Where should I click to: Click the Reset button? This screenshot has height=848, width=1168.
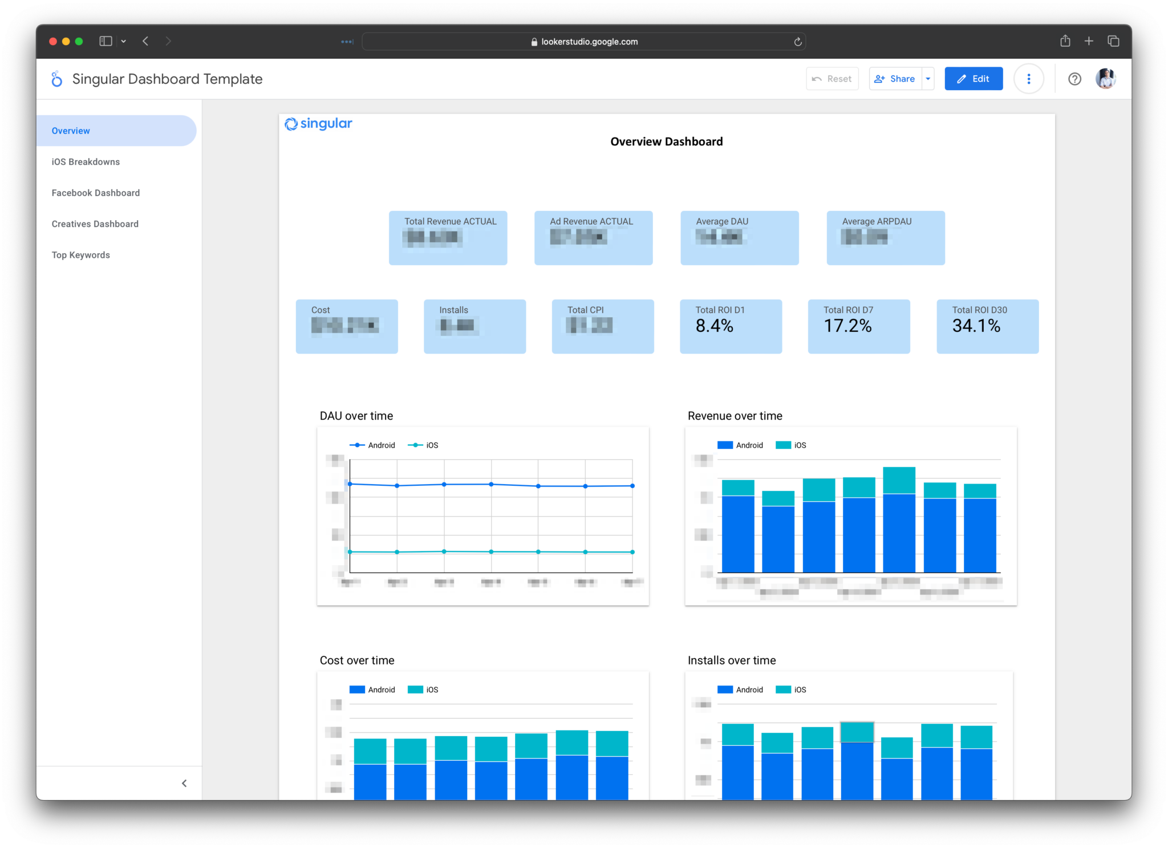(x=832, y=79)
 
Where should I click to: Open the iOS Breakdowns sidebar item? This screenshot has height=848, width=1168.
(x=86, y=162)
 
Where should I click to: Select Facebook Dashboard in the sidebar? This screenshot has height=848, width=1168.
(x=95, y=193)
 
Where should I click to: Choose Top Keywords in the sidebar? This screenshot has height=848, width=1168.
(x=80, y=255)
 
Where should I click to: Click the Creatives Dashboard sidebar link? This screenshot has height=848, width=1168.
(x=95, y=224)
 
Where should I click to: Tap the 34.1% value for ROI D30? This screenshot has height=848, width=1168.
(x=976, y=326)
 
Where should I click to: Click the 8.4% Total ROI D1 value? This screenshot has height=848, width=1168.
(x=714, y=326)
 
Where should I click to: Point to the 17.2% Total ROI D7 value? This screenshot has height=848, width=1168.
(x=847, y=326)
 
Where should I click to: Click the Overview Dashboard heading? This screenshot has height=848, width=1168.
(x=666, y=141)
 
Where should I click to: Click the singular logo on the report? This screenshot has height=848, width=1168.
(x=318, y=124)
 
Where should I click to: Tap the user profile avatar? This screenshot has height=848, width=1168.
(x=1105, y=79)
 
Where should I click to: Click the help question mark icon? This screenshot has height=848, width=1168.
(x=1074, y=79)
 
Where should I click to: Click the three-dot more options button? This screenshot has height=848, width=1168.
(x=1028, y=79)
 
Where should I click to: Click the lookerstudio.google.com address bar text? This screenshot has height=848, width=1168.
(x=589, y=42)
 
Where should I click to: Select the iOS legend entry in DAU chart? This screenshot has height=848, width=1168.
(x=425, y=445)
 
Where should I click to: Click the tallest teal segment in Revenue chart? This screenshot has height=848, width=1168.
(x=899, y=480)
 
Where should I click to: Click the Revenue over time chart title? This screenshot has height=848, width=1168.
(x=735, y=416)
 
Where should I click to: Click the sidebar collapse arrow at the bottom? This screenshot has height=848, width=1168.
(x=184, y=783)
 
